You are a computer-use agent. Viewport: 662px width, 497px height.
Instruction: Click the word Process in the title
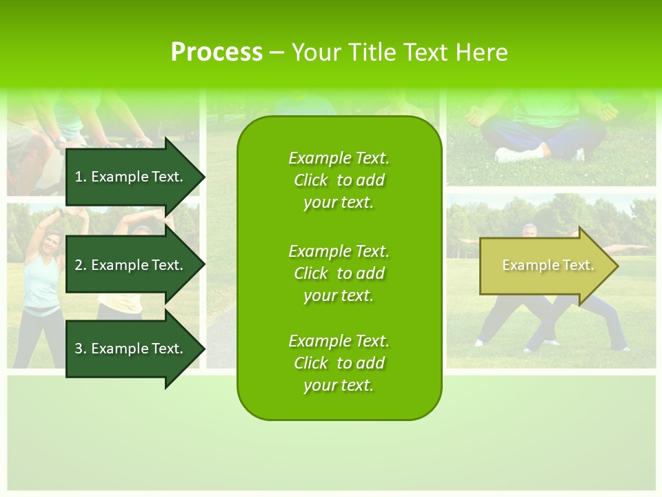[217, 52]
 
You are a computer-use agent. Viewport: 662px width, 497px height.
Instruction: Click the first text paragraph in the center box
[339, 180]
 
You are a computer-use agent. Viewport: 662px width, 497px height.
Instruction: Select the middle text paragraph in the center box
[339, 273]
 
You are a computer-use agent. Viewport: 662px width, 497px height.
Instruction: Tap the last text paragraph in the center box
[339, 363]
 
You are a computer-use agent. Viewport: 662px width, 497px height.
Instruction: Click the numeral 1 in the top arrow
[79, 177]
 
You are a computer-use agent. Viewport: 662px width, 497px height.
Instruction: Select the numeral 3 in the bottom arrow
[79, 349]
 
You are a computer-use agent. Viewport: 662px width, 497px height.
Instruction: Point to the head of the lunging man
[529, 231]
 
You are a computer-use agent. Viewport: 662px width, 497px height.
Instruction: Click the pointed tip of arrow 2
[203, 265]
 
